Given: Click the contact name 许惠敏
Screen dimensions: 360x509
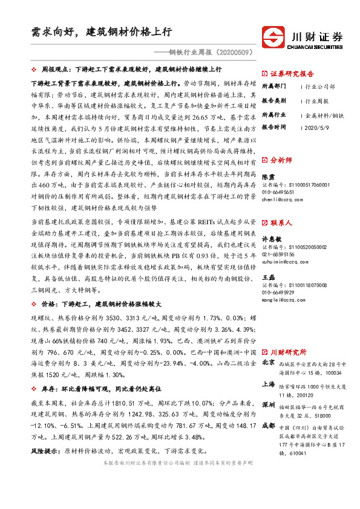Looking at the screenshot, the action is click(271, 238).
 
